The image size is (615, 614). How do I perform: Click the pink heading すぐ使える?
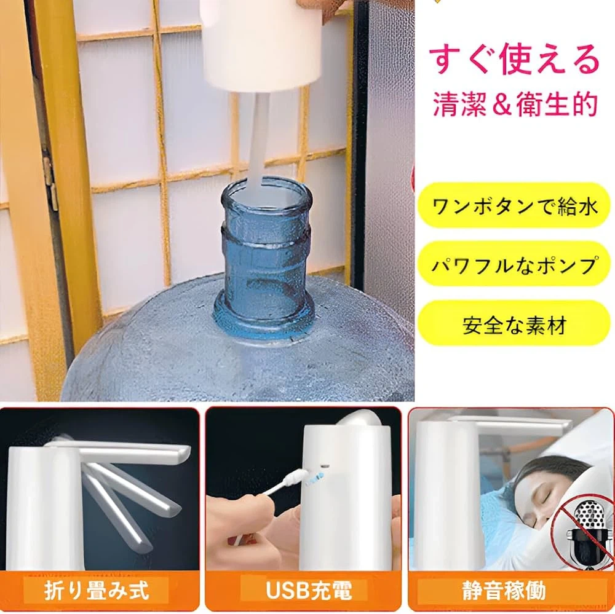click(x=514, y=60)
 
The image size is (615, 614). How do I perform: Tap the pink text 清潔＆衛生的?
click(x=515, y=104)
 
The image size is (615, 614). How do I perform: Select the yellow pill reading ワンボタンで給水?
click(x=514, y=205)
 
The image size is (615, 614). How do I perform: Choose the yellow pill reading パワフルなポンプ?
click(x=514, y=264)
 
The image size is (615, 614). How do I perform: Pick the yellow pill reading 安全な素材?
click(x=514, y=324)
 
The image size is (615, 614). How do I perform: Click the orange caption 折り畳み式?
click(x=97, y=591)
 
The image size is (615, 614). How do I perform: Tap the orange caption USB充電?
click(x=309, y=591)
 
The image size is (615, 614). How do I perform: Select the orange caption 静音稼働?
click(x=504, y=591)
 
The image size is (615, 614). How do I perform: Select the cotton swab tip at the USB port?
click(x=295, y=478)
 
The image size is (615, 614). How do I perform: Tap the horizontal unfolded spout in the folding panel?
click(x=117, y=451)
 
